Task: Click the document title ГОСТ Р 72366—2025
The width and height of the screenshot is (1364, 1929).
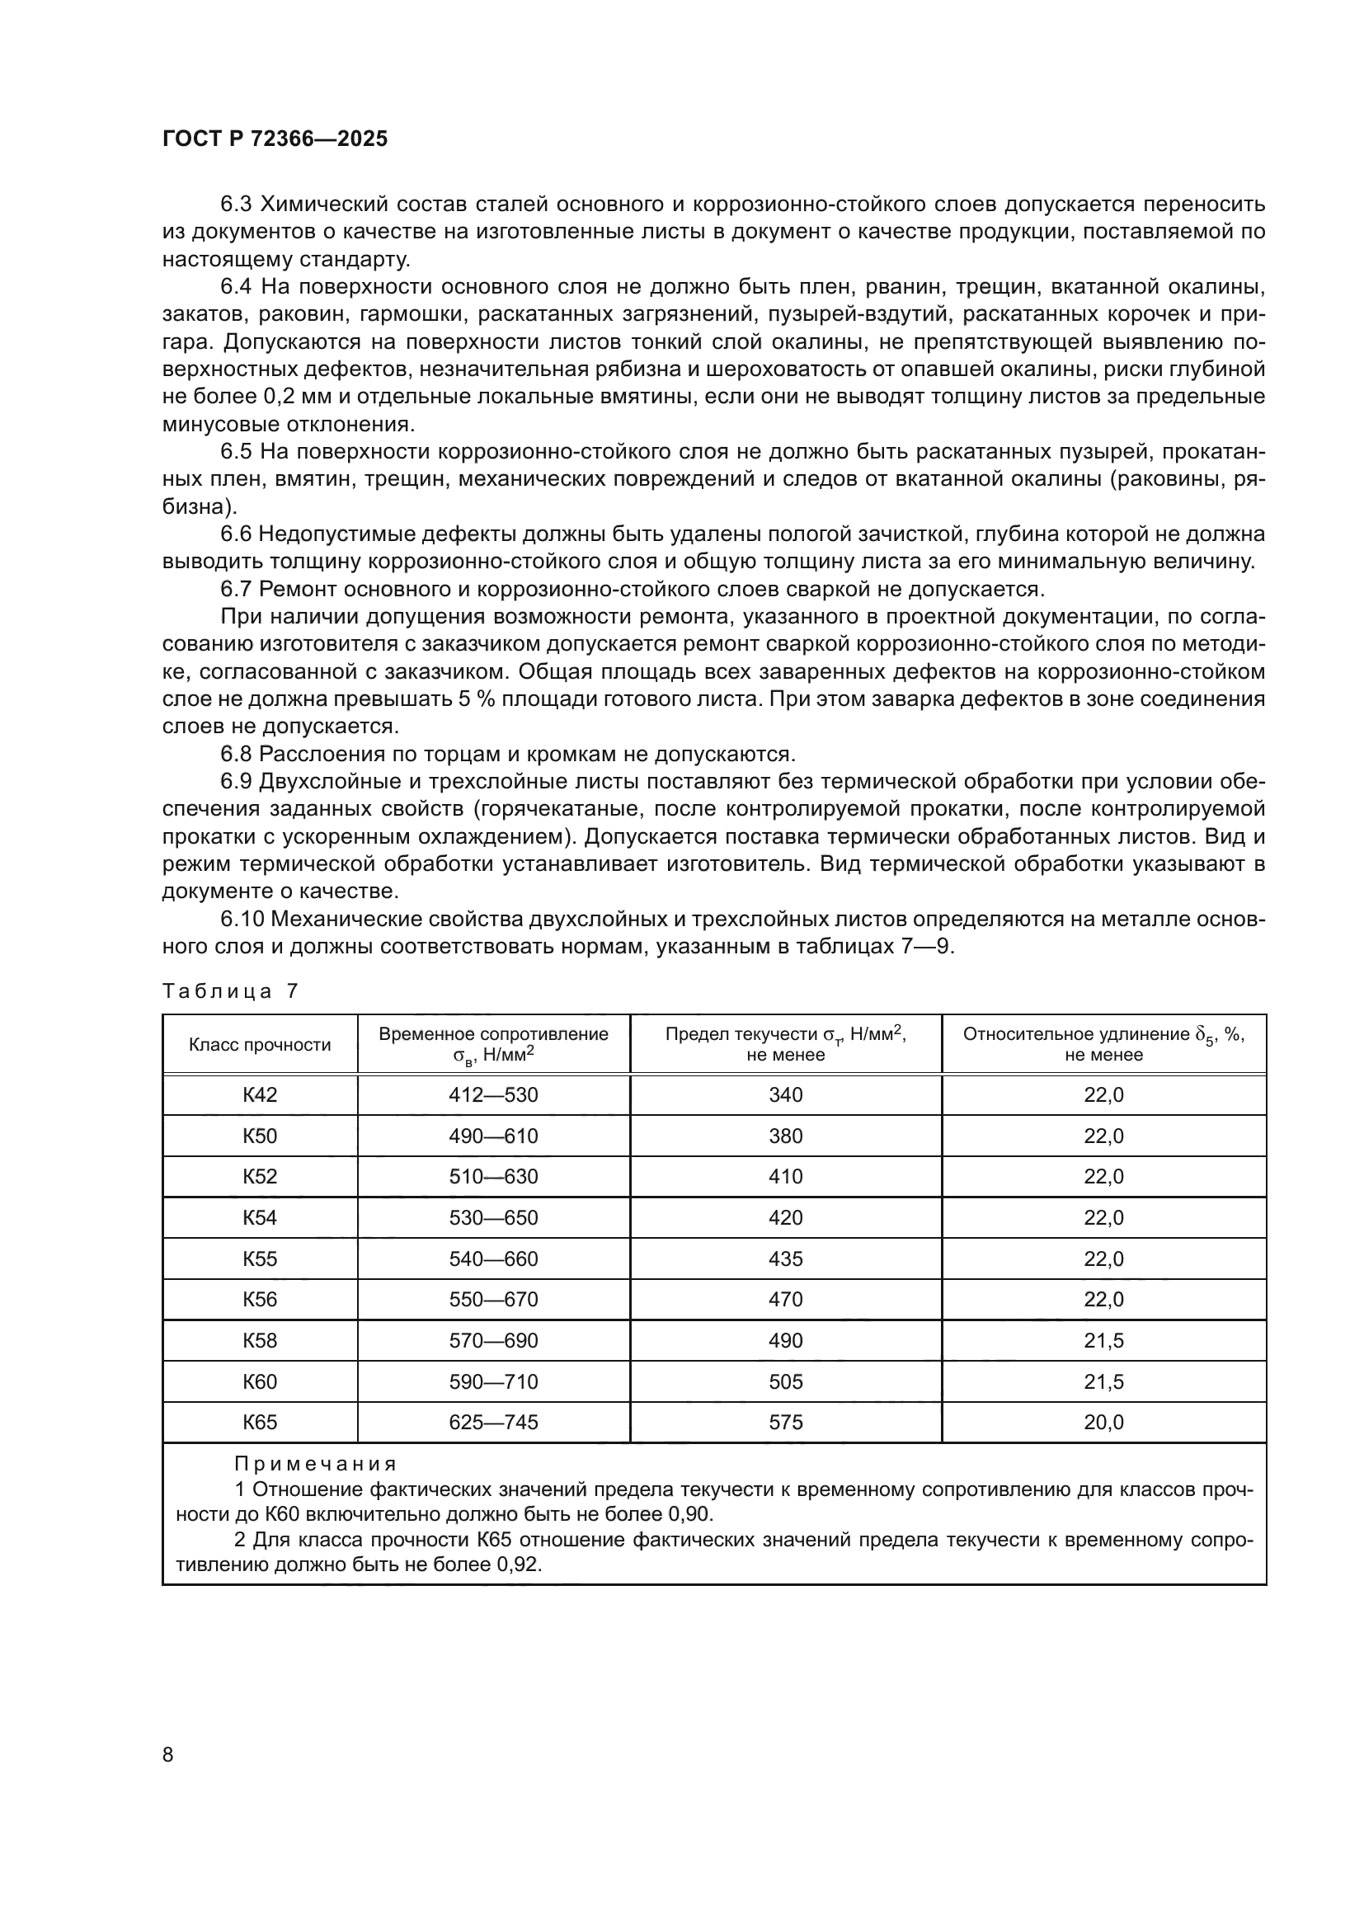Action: coord(275,139)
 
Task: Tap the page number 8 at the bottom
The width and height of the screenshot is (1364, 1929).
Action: coord(168,1754)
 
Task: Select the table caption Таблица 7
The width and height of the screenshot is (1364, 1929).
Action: coord(230,991)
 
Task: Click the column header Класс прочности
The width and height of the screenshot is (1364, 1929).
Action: coord(260,1044)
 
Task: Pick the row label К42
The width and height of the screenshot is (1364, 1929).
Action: coord(260,1094)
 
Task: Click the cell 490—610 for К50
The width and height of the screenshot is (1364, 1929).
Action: coord(493,1136)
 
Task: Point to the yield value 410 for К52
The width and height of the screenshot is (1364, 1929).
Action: coord(785,1176)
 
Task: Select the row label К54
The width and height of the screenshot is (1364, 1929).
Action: coord(260,1217)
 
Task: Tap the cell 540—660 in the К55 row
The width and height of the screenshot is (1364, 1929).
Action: coord(493,1259)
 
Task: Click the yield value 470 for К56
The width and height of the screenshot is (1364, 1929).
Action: coord(785,1299)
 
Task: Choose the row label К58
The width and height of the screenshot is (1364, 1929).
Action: coord(260,1340)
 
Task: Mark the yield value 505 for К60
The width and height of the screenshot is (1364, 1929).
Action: coord(785,1381)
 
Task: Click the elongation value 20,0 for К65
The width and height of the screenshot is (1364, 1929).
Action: coord(1103,1423)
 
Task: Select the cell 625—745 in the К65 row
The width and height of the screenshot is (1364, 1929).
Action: coord(493,1423)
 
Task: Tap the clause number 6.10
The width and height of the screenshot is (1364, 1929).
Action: coord(242,919)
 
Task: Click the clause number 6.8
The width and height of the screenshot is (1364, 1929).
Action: coord(236,754)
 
